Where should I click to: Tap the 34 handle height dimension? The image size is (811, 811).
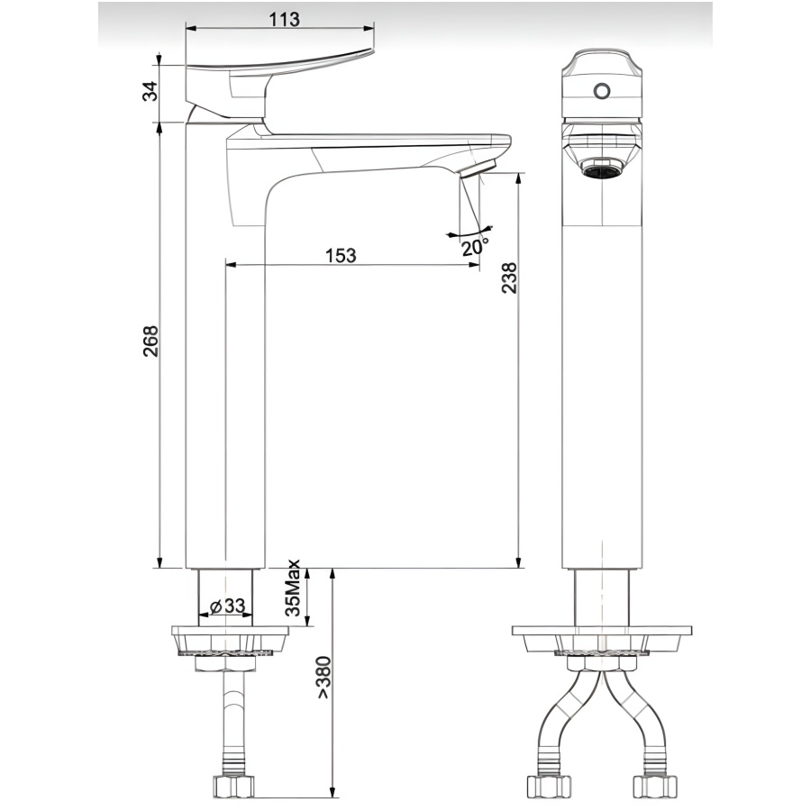click(150, 91)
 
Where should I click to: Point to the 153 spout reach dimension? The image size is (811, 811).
click(341, 256)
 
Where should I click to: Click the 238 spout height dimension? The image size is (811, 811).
click(509, 279)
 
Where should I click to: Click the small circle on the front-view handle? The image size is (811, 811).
click(601, 91)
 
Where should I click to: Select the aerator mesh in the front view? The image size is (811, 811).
click(601, 169)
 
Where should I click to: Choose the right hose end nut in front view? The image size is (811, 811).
click(655, 784)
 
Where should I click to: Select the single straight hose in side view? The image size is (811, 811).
click(232, 721)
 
